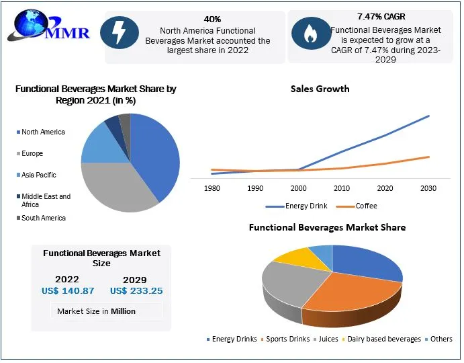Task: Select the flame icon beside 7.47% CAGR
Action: coord(309,34)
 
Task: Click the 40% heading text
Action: coord(212,19)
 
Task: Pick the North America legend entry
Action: coord(43,132)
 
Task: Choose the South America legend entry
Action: coord(44,218)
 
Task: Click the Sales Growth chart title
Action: coord(320,89)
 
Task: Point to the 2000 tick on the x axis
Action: coord(298,188)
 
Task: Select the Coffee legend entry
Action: coord(366,206)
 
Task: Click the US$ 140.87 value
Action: coord(68,291)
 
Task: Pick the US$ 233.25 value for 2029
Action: coord(136,291)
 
